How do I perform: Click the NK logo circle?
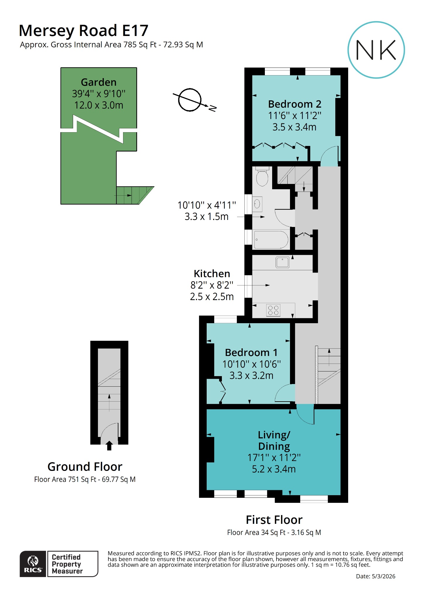click(x=376, y=50)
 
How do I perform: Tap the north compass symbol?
click(x=190, y=100)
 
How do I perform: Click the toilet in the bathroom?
click(x=262, y=177)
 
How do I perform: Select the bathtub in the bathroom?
click(x=271, y=240)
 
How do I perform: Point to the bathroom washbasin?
click(x=257, y=204)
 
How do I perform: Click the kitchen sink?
click(x=282, y=262)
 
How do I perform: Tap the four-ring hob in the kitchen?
click(x=273, y=310)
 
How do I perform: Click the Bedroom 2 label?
click(x=294, y=104)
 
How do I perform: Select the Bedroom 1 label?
click(x=251, y=352)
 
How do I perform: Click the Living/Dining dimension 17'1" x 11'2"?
click(x=274, y=457)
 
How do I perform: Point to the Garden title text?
click(x=99, y=82)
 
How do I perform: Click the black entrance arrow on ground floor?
click(x=109, y=445)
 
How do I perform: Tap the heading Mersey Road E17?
click(x=84, y=30)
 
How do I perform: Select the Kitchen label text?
click(x=212, y=274)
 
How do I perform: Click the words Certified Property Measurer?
click(x=67, y=564)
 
